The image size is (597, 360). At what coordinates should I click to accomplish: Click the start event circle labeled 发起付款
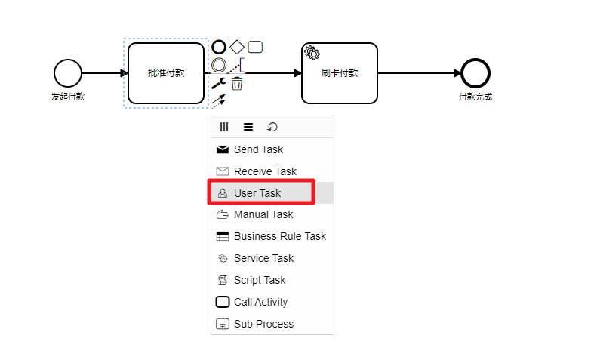coord(67,73)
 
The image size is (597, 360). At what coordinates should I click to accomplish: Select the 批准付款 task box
coord(166,73)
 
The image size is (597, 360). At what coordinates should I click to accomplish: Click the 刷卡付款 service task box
coord(339,73)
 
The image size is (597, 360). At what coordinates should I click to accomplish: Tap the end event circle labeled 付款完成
coord(475,73)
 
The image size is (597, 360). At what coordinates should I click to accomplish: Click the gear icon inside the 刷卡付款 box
coord(312,52)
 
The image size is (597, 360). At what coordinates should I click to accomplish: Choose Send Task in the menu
coord(258,149)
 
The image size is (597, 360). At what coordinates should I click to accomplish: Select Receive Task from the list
coord(265,171)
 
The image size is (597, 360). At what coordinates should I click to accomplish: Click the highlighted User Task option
coord(257,193)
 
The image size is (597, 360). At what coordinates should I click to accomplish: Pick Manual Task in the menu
coord(263,214)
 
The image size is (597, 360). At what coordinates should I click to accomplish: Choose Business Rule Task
coord(279,236)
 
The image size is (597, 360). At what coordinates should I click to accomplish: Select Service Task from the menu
coord(263,258)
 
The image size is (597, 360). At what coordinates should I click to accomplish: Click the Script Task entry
coord(260,280)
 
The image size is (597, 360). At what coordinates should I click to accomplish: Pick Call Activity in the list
coord(260,302)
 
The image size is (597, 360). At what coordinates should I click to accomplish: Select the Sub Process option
coord(263,324)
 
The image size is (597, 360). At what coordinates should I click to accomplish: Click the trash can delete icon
coord(237,83)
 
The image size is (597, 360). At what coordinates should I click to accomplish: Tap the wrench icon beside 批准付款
coord(219,83)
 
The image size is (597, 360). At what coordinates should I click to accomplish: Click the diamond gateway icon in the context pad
coord(237,47)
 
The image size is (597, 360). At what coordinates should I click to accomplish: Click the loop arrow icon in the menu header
coord(272,127)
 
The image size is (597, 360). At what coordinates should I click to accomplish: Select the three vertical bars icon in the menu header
coord(224,127)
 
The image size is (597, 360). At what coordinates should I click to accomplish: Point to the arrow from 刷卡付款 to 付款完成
coord(419,73)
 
